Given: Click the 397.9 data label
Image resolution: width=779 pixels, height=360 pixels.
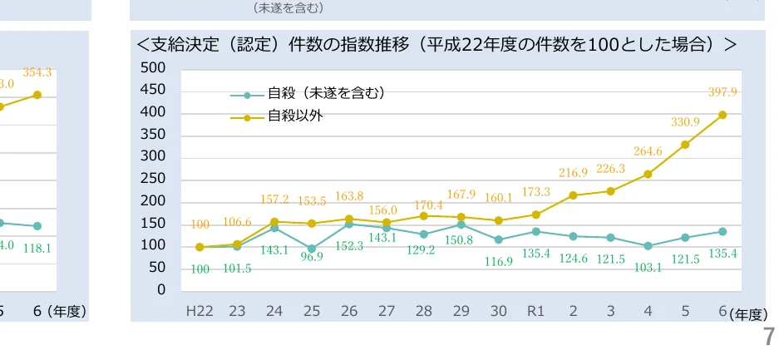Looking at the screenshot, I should tap(722, 92).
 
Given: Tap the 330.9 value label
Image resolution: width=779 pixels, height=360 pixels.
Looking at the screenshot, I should tap(685, 122).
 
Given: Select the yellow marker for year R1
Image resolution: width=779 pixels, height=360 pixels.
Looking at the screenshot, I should tap(536, 215).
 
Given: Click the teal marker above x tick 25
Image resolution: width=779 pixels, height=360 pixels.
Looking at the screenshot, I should tap(312, 249).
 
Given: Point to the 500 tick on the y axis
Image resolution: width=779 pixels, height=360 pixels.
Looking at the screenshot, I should tap(153, 67).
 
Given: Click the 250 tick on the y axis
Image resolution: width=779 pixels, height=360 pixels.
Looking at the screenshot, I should tap(153, 179).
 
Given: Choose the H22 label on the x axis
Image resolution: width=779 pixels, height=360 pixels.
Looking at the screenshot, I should tap(200, 312).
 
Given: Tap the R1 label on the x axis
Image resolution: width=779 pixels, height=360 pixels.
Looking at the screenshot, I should tap(536, 312).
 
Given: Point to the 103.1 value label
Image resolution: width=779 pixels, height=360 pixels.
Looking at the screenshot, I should tap(648, 267).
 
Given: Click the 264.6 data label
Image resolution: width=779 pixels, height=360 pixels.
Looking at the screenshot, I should tap(648, 151).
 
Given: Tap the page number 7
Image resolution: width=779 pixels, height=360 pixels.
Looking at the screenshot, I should tap(769, 337).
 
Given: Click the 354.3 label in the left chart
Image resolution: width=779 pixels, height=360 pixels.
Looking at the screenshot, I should tap(37, 73).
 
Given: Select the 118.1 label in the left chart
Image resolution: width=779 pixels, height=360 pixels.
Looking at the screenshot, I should tap(37, 247).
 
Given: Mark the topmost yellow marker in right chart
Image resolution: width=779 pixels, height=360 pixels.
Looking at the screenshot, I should tap(722, 115).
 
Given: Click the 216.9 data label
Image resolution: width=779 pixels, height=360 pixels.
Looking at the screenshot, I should tap(573, 173).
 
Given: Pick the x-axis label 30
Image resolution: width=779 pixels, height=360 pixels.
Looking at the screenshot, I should tap(499, 312).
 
